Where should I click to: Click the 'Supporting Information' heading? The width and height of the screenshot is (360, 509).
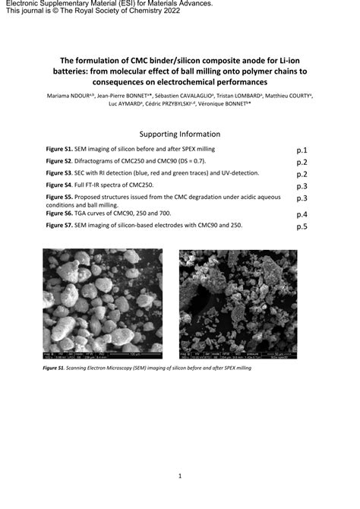(x=180, y=133)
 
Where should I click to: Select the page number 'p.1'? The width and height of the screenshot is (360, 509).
(x=301, y=150)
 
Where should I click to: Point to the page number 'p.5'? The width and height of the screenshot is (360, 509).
(x=301, y=226)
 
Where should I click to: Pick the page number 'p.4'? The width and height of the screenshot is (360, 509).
(x=301, y=214)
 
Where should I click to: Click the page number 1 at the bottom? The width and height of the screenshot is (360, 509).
(x=180, y=476)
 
